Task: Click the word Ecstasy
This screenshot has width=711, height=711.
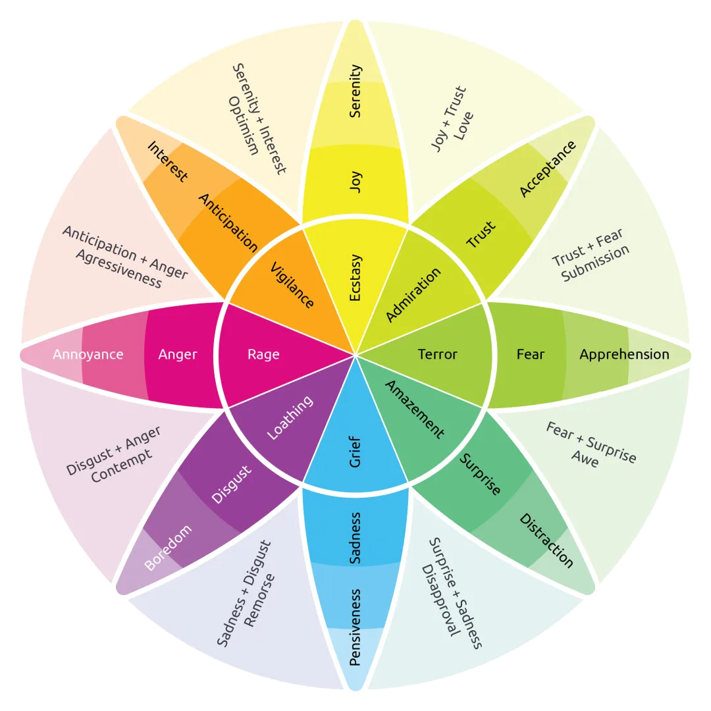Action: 355,278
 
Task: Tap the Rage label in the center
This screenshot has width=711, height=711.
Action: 263,354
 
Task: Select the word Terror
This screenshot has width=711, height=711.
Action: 437,354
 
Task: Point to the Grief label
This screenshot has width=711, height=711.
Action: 355,452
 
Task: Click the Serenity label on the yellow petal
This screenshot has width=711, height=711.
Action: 355,91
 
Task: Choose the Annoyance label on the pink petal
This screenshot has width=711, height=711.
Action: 88,354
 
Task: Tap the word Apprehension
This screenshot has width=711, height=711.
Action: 624,354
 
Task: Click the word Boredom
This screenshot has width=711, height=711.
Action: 168,548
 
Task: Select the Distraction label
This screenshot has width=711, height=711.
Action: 546,540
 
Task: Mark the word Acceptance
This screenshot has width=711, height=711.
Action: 548,169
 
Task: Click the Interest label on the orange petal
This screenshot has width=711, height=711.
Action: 167,161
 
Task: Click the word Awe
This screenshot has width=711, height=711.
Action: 585,460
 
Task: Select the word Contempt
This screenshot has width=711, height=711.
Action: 122,465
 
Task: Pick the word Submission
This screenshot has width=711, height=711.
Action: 596,263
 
